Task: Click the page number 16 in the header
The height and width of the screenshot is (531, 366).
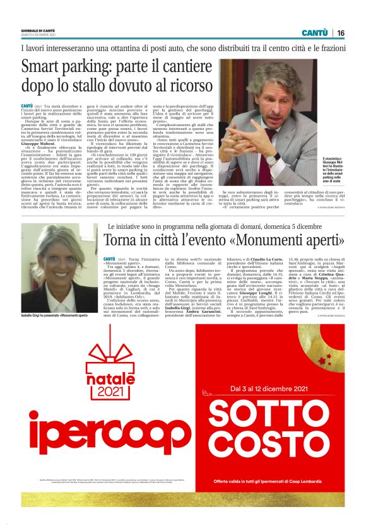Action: click(x=340, y=33)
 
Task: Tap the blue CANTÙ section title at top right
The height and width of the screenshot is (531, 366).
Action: click(x=314, y=33)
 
